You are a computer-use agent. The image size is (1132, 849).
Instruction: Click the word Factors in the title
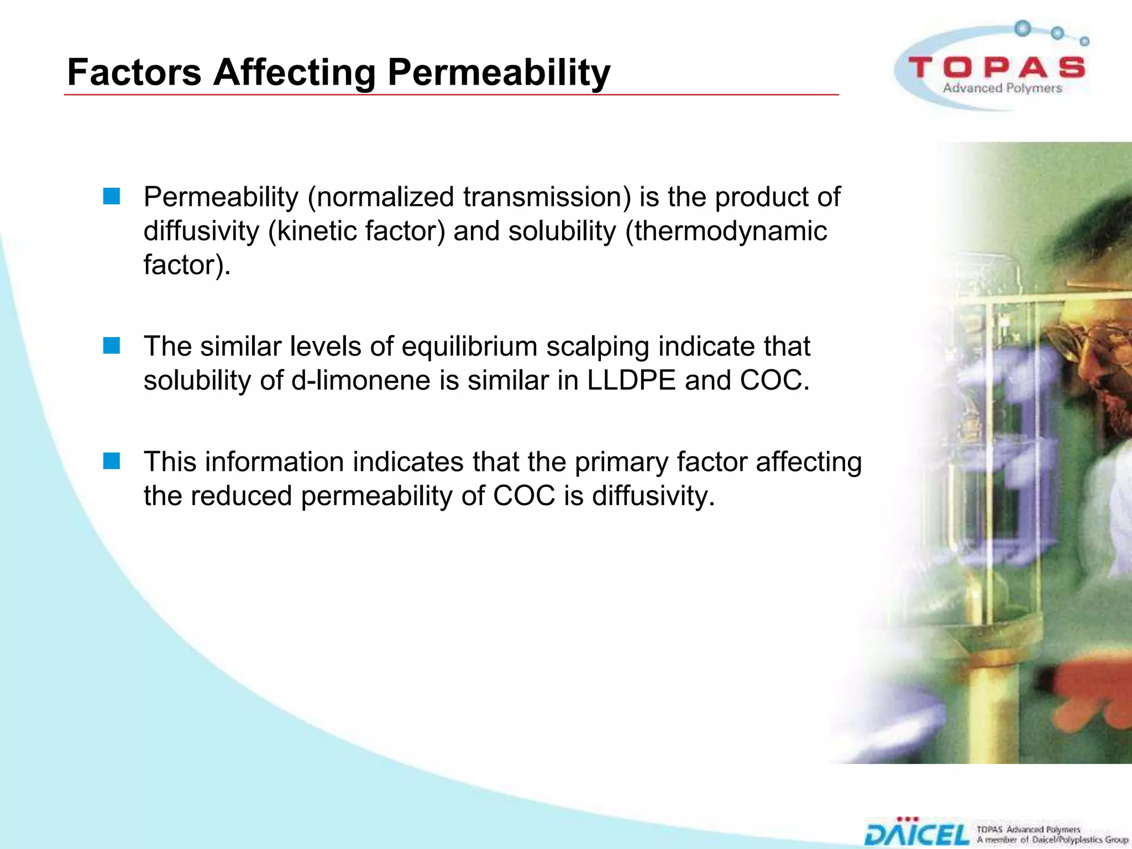click(134, 72)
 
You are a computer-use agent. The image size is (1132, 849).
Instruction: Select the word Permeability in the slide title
click(499, 72)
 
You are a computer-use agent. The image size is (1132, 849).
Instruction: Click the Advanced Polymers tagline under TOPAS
click(1002, 88)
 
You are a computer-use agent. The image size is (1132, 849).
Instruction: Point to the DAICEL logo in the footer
click(917, 834)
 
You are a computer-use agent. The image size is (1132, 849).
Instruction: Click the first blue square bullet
click(112, 197)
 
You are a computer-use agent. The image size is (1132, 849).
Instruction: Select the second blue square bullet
click(112, 346)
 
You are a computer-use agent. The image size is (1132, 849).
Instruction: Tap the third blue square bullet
click(112, 461)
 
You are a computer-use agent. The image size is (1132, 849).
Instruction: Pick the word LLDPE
click(631, 380)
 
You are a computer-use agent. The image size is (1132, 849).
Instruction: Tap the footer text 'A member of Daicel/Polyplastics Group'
click(1052, 840)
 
